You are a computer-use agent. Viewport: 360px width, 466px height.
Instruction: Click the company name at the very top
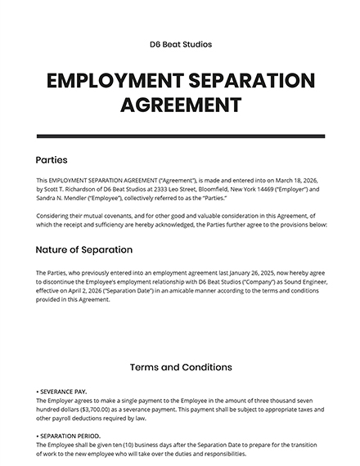[x=180, y=44]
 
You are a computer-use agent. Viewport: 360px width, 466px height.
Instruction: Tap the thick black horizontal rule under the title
[x=180, y=135]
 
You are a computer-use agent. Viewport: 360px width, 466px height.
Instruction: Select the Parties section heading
[x=52, y=159]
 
